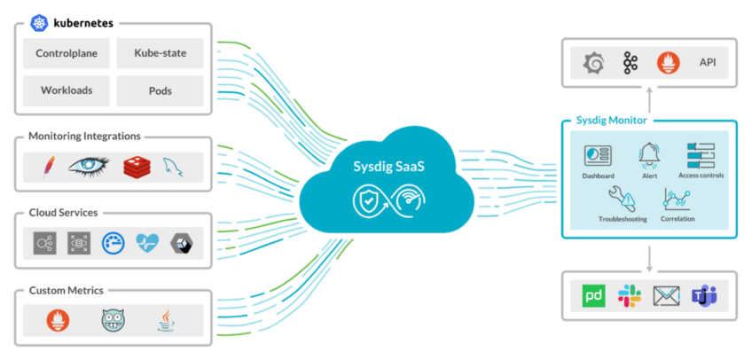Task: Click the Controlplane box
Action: click(67, 53)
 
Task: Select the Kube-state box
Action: click(160, 53)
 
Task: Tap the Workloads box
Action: click(67, 90)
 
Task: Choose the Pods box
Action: click(160, 90)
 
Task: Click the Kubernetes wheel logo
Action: click(39, 21)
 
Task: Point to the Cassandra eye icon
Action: click(89, 166)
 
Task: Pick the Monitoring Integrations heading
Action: click(84, 137)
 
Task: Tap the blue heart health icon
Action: click(146, 243)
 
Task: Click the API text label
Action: click(708, 62)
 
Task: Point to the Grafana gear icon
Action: click(593, 62)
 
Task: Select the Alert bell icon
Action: click(648, 154)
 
